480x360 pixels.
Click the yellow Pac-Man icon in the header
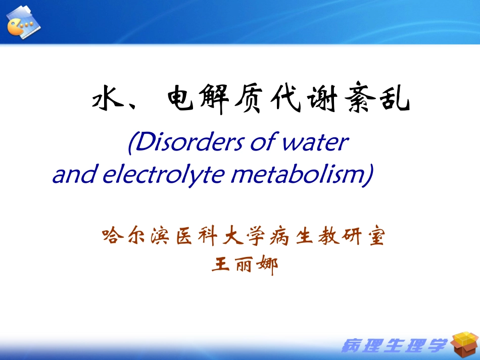(x=15, y=27)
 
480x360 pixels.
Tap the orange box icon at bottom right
(x=465, y=344)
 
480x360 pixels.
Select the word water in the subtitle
(x=315, y=142)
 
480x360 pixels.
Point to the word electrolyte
(x=164, y=174)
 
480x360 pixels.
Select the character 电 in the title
(x=180, y=97)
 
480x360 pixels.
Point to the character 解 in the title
(x=214, y=98)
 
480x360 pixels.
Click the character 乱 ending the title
(x=395, y=97)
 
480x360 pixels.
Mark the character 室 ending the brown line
(x=376, y=236)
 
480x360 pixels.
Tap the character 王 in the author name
(x=220, y=264)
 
